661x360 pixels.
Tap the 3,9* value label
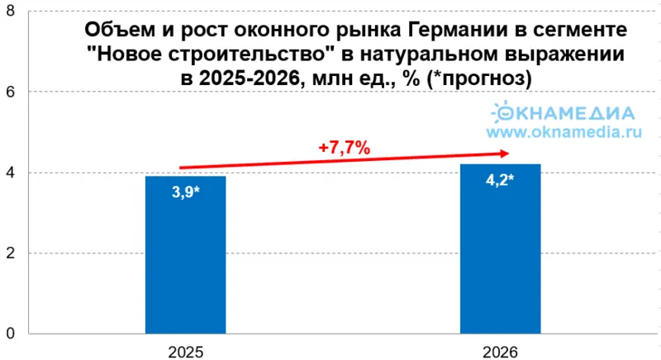pos(185,197)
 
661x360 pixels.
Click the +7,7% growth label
pos(344,148)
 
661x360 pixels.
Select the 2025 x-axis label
pos(185,352)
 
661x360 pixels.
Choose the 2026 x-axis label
pos(501,352)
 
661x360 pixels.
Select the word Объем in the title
pos(113,31)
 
